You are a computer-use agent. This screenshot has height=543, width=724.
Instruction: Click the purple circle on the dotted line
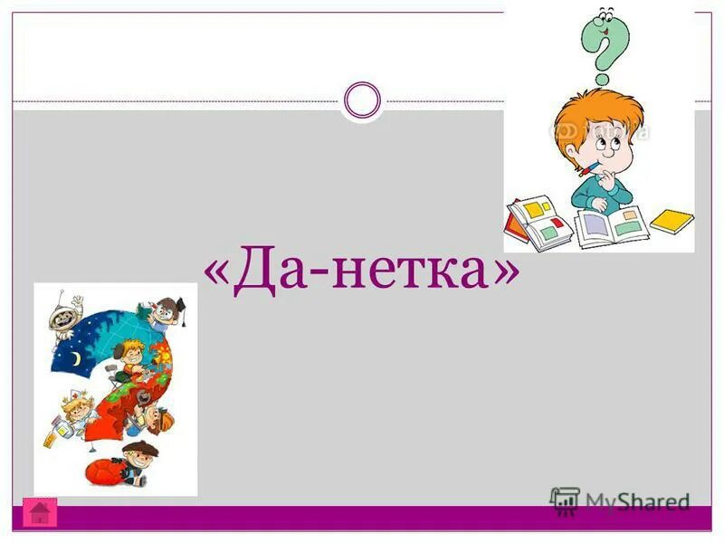pyautogui.click(x=363, y=100)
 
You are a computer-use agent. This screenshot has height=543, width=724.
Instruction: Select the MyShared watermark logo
pyautogui.click(x=620, y=500)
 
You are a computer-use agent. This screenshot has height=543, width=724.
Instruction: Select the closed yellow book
pyautogui.click(x=672, y=220)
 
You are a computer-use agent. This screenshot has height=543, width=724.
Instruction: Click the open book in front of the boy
pyautogui.click(x=610, y=224)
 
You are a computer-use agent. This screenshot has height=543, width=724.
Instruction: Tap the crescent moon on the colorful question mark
pyautogui.click(x=78, y=359)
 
